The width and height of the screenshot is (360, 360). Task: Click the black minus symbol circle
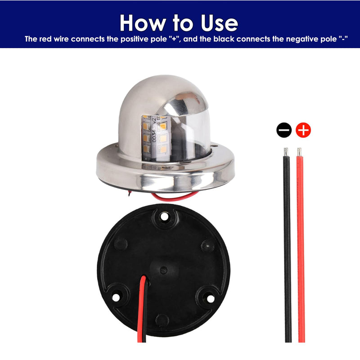click(284, 130)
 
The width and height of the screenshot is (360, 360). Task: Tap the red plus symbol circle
click(303, 130)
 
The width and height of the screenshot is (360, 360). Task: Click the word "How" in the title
click(143, 23)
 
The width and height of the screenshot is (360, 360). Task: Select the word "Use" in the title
click(219, 23)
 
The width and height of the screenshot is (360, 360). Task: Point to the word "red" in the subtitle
click(46, 39)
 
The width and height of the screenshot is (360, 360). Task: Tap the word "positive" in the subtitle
click(135, 39)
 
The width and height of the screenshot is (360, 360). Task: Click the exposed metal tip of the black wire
click(286, 152)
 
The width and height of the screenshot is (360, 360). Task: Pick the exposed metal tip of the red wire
click(299, 152)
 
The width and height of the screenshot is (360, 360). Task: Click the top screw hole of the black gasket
click(164, 216)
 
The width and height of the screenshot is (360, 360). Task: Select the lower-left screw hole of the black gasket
click(116, 297)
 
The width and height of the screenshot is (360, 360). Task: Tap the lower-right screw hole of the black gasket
click(211, 299)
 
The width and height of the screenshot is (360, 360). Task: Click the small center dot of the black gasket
click(163, 270)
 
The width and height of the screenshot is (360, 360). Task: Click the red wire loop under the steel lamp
click(175, 197)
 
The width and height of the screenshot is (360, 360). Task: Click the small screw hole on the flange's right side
click(215, 145)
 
